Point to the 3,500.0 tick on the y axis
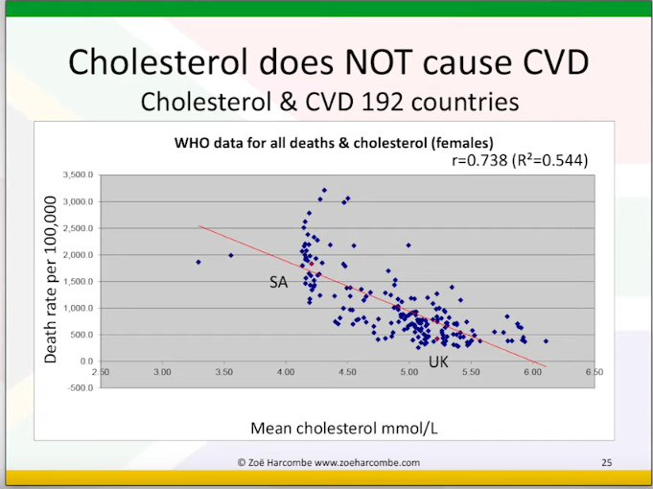tap(77, 175)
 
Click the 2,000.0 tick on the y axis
tap(77, 255)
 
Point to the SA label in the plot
tap(279, 282)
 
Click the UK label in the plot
tap(438, 362)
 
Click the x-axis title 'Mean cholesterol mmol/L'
tap(343, 428)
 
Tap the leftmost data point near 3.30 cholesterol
tap(198, 262)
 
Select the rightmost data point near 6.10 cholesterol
tap(546, 340)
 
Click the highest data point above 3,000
tap(324, 190)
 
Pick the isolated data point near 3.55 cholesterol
tap(231, 255)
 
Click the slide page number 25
tap(606, 462)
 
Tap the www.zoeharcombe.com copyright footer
tap(329, 462)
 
